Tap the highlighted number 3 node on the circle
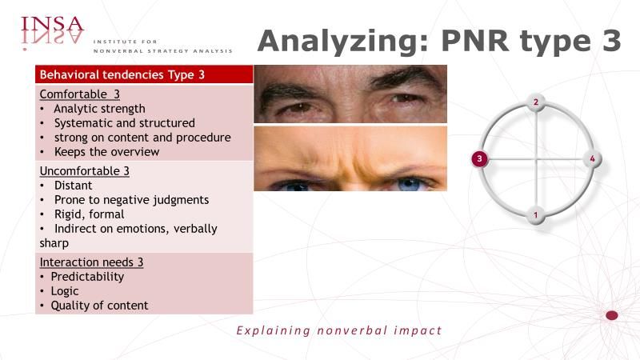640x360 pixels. click(479, 158)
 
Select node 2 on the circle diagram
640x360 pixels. click(536, 102)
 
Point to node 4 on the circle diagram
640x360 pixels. click(592, 158)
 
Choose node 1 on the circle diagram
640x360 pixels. click(536, 214)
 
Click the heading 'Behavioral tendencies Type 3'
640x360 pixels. click(122, 74)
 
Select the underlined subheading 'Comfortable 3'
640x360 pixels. click(79, 94)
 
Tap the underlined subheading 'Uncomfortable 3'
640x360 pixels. click(85, 171)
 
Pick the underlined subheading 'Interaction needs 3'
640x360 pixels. click(91, 262)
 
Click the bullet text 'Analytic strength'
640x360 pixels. click(99, 109)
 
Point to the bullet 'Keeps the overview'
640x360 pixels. click(107, 152)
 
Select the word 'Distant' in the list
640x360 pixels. click(74, 186)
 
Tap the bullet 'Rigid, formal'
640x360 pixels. click(90, 214)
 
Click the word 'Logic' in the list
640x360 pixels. click(65, 291)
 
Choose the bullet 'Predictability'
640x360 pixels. click(87, 277)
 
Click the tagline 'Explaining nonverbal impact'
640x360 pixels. click(339, 330)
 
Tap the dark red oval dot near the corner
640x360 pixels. click(611, 315)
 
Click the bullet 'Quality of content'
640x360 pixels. click(99, 306)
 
